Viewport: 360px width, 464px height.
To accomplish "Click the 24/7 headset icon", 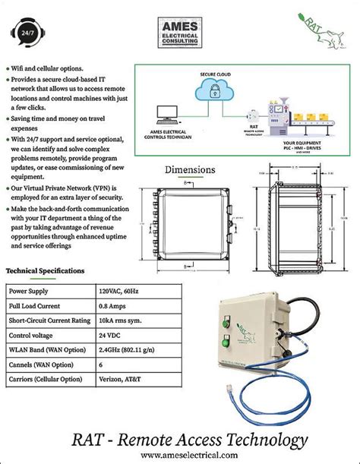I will point(28,32).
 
